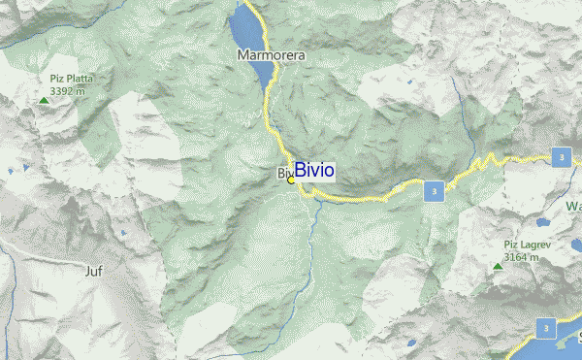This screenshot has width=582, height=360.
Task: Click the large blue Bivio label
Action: tap(315, 171)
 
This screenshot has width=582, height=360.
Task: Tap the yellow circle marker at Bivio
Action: tap(291, 180)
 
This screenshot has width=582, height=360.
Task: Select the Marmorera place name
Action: tap(272, 56)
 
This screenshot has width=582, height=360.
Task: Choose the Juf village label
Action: tap(94, 272)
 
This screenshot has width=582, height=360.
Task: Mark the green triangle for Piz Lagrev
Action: tap(498, 266)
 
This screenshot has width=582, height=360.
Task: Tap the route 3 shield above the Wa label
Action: tap(560, 157)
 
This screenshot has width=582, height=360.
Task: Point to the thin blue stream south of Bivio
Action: tap(310, 233)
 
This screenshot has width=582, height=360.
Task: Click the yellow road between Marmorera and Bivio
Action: tap(268, 112)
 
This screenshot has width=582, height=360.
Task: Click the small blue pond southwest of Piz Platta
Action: tap(11, 171)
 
